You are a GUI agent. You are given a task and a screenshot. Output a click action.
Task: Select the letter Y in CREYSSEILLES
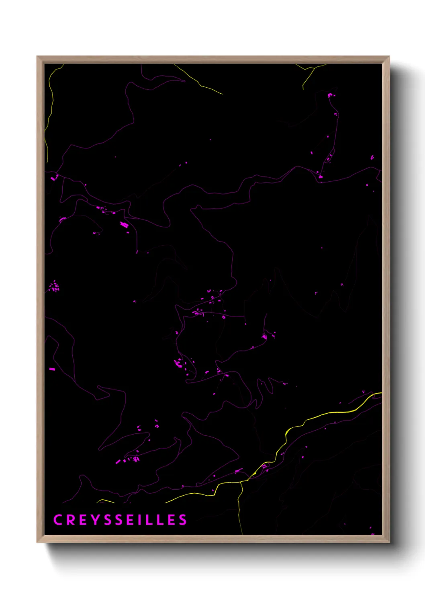(x=95, y=520)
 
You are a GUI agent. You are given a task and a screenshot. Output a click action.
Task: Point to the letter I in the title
(x=139, y=520)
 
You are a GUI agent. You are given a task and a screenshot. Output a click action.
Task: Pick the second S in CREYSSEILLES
(x=119, y=520)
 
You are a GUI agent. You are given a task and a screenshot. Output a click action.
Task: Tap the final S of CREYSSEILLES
(x=183, y=520)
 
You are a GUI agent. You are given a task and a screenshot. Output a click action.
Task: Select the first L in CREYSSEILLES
(x=149, y=520)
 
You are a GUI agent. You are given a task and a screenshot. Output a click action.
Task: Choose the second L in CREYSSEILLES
(x=159, y=520)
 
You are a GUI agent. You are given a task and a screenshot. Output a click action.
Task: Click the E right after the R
(x=82, y=520)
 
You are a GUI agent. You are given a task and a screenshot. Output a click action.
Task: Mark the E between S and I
(x=130, y=520)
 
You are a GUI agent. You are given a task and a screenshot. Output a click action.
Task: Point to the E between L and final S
(x=171, y=520)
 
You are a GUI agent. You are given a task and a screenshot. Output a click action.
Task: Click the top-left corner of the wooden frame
(x=37, y=57)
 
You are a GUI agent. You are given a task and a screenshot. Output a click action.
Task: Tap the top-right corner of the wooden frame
(x=389, y=57)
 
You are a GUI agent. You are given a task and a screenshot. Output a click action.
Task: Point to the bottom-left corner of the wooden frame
(x=37, y=542)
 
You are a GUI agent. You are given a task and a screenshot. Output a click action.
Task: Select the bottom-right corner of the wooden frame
(x=389, y=542)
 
